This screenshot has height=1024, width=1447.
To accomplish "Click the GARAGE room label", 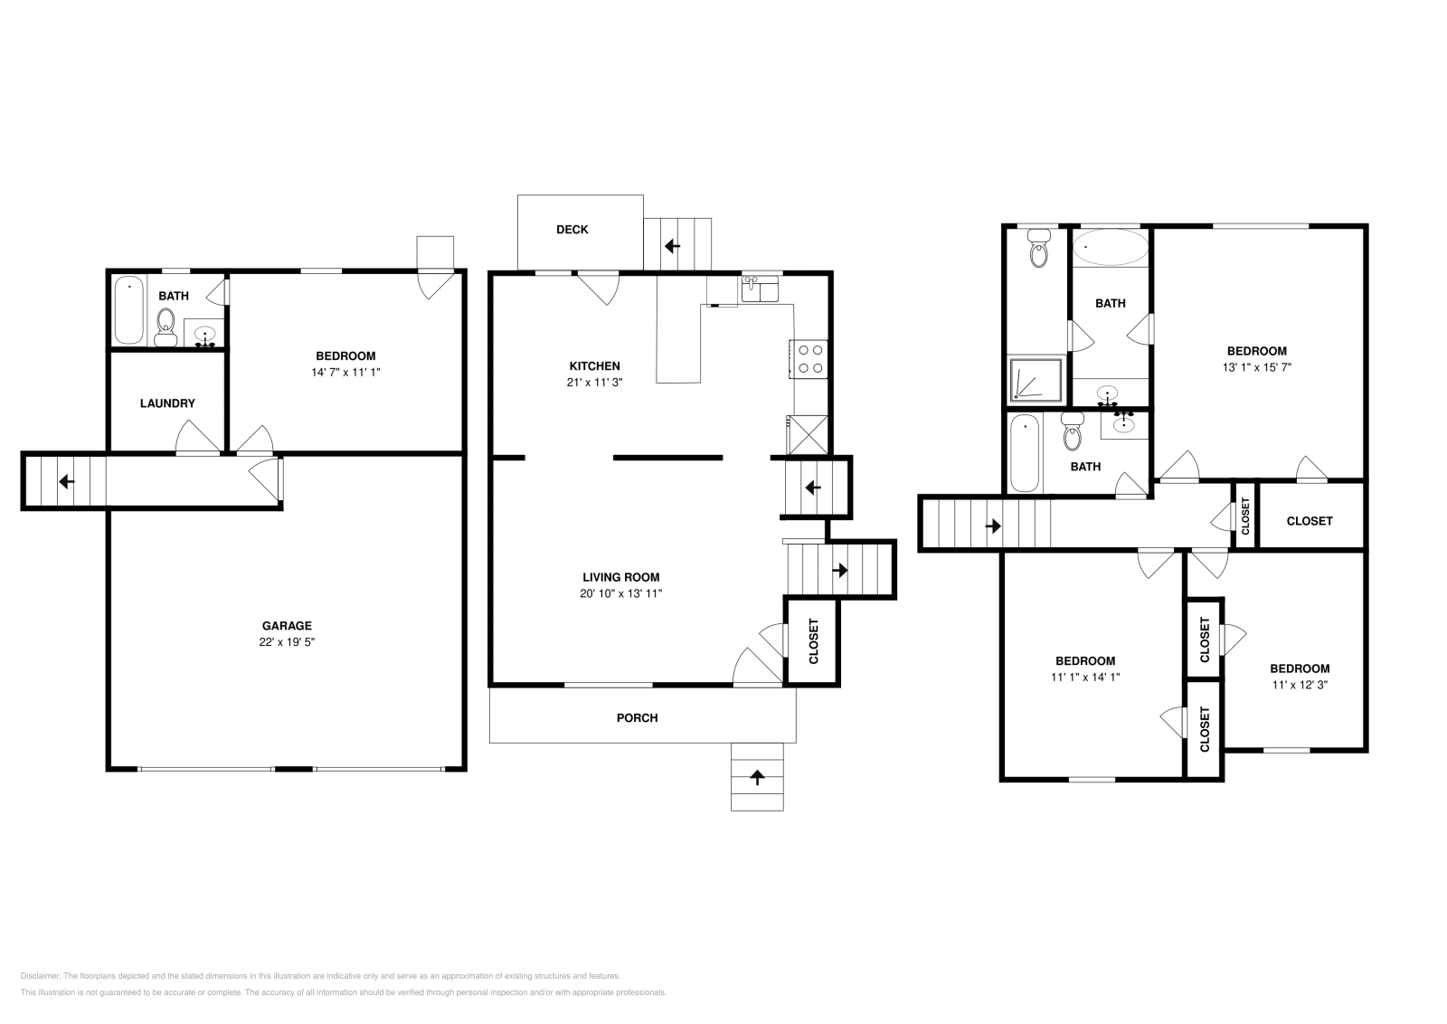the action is point(287,625).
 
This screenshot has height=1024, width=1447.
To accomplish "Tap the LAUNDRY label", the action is point(167,403).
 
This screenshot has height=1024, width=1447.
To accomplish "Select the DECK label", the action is point(572,230).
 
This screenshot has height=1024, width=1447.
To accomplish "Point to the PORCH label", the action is point(637,717).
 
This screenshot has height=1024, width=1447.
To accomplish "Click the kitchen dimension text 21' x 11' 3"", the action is point(594,383).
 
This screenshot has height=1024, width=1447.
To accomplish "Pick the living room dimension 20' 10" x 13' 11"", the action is point(620,593).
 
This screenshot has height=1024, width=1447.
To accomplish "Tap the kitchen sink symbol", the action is point(760,289).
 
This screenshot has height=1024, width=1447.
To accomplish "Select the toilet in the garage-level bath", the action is point(166,327).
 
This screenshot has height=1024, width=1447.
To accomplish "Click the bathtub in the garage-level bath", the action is point(129,310).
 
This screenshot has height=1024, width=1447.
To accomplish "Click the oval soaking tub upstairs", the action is point(1111,248).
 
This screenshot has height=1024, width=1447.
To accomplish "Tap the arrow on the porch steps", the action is point(757,777).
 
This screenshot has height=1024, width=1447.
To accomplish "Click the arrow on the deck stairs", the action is point(673,246).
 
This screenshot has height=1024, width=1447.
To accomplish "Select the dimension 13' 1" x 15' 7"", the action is point(1256,367).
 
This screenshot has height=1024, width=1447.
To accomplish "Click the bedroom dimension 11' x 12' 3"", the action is point(1300,685).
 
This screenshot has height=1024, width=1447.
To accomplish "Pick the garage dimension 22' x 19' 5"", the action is point(287,642).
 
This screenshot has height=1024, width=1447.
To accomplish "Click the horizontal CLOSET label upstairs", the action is point(1310,521).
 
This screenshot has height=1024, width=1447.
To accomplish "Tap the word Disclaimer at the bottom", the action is point(40,976).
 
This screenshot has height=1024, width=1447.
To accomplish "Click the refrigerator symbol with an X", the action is point(808,435).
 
